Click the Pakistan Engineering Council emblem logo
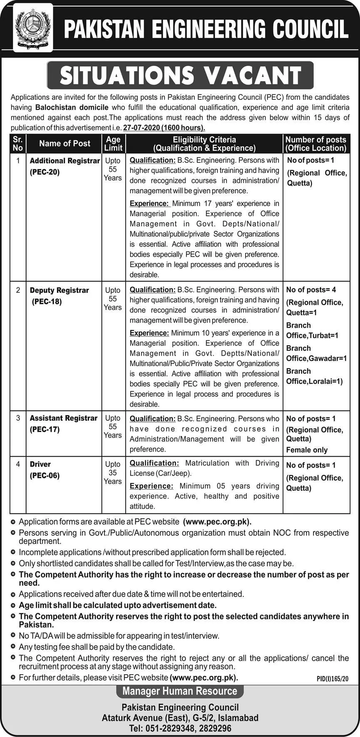(33, 28)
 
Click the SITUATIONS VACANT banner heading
(180, 75)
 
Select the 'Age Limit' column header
(113, 143)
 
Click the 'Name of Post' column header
(65, 143)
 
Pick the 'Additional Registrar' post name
(65, 161)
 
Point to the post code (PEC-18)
(47, 302)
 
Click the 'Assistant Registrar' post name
(63, 418)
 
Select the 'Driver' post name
(40, 464)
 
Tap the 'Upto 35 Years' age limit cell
(113, 473)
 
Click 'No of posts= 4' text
(311, 290)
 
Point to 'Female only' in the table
(307, 450)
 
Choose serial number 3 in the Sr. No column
(18, 418)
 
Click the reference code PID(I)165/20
(332, 679)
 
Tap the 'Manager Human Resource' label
(180, 691)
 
